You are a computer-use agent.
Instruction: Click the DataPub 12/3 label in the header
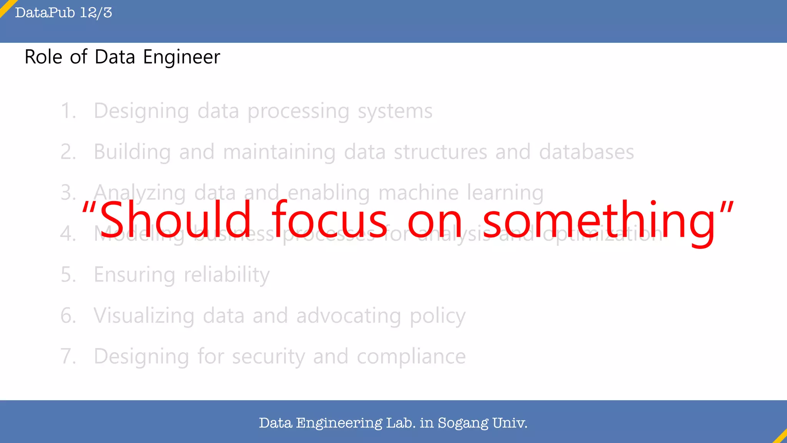pos(63,13)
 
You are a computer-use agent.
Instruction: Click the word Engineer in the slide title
pos(181,57)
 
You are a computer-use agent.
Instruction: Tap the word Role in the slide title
pos(43,57)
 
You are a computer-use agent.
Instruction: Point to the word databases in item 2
pos(586,152)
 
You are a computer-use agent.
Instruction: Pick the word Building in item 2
pos(132,152)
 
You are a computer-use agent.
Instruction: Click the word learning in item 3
pos(505,193)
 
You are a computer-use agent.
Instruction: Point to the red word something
pos(599,221)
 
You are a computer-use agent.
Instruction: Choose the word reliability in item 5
pos(227,275)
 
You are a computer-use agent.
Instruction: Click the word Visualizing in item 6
pos(144,316)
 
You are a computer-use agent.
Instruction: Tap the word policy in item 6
pos(437,316)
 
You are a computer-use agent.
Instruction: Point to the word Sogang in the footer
pos(463,423)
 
